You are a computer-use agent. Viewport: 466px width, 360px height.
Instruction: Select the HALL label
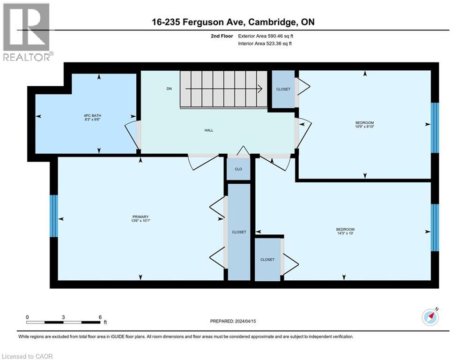(209, 130)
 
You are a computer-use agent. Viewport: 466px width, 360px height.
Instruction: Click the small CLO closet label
(238, 169)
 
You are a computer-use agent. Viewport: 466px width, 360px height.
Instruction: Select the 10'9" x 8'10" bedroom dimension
(365, 126)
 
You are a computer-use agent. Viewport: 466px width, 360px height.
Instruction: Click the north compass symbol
(429, 317)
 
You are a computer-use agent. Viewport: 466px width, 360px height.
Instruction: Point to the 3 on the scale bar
(63, 317)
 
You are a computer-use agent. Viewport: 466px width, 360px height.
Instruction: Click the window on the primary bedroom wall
(54, 216)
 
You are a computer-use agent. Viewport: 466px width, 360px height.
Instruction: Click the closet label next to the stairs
(283, 90)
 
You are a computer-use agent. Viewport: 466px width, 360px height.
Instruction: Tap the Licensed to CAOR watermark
(28, 356)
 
